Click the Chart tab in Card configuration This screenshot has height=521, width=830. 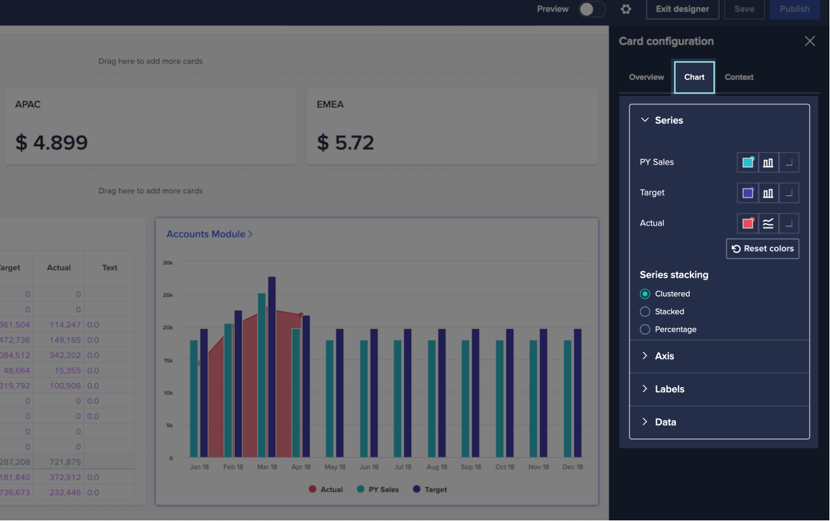point(694,77)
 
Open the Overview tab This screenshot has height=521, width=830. point(646,77)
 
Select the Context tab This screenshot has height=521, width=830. point(739,77)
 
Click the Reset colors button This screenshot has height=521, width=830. point(762,248)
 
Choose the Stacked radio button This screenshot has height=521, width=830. point(645,311)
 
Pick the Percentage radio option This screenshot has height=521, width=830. point(645,329)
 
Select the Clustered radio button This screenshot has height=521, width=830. point(645,294)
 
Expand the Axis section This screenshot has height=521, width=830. point(664,356)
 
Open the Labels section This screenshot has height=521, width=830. point(669,389)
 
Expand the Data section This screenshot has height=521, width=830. point(665,422)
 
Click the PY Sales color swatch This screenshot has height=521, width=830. point(748,162)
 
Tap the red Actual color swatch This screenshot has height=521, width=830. point(748,223)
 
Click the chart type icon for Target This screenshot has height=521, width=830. point(768,193)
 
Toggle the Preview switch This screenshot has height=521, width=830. point(591,9)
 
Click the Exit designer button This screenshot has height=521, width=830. point(682,9)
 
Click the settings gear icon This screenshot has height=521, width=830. point(626,9)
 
